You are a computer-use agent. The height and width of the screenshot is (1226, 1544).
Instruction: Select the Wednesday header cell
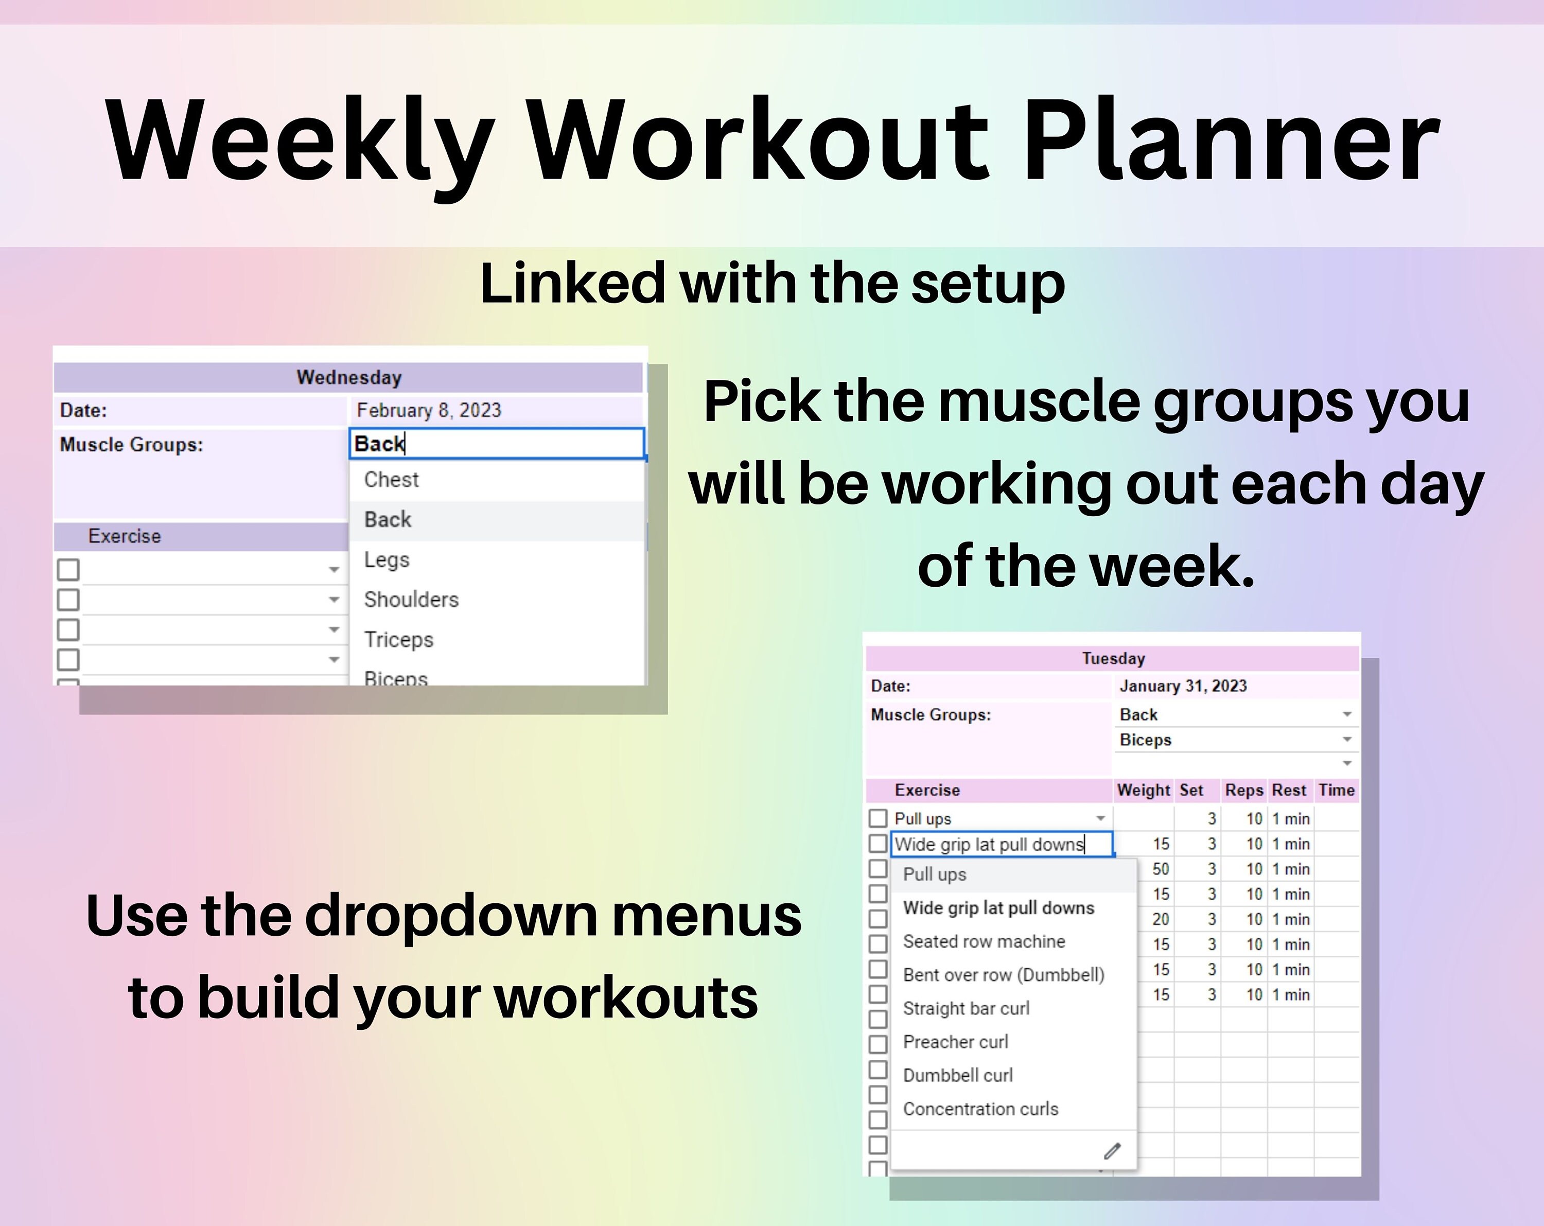click(x=349, y=377)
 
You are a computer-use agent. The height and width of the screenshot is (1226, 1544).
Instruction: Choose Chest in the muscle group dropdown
click(x=391, y=480)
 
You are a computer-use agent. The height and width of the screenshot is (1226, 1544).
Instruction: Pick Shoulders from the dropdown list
click(x=411, y=600)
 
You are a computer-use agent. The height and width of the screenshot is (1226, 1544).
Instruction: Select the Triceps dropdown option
click(x=398, y=639)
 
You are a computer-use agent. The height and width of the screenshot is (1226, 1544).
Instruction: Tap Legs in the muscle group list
click(x=386, y=559)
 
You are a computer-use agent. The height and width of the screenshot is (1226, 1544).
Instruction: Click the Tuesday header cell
click(x=1112, y=658)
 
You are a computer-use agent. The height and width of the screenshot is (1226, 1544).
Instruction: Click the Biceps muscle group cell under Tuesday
click(x=1146, y=740)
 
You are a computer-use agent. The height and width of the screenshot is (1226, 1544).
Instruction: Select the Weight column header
click(x=1143, y=790)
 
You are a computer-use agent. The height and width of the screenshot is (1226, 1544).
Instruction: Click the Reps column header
click(x=1243, y=790)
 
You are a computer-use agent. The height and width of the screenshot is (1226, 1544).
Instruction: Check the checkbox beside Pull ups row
click(x=878, y=818)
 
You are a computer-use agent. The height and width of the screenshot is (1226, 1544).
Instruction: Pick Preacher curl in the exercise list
click(x=955, y=1041)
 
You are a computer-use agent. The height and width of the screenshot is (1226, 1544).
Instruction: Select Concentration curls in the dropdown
click(x=980, y=1109)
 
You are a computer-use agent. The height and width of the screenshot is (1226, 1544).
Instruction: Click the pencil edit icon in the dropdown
click(x=1112, y=1151)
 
